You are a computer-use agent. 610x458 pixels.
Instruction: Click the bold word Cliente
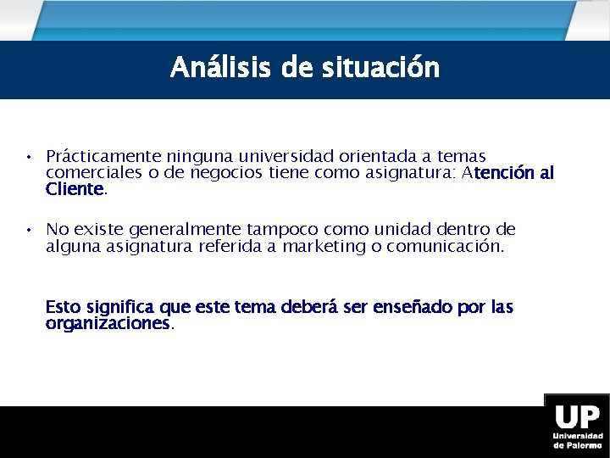coord(75,189)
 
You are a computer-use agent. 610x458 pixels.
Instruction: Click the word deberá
coord(308,307)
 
